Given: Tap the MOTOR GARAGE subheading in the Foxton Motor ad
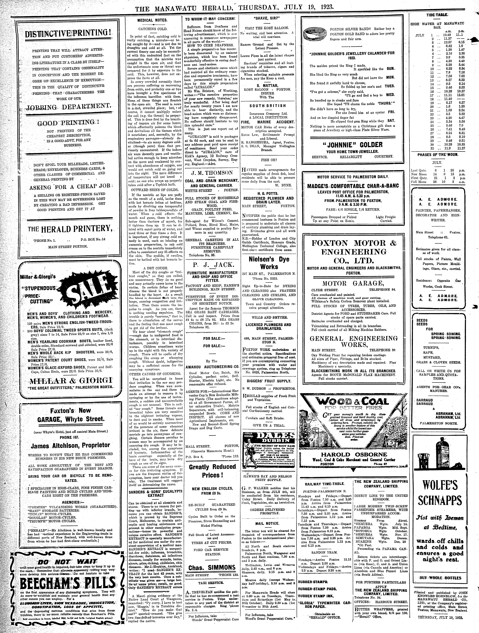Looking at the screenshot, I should coord(353,283).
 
